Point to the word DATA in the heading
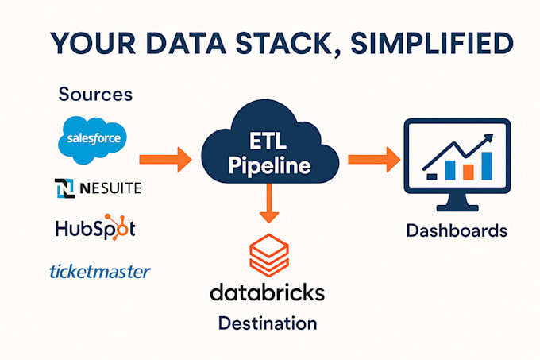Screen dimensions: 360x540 (173, 44)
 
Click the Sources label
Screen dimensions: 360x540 (95, 95)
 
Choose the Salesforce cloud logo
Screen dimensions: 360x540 (92, 138)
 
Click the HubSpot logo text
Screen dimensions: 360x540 (95, 229)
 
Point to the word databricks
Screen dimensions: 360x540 (268, 292)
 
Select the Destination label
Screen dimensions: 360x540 (268, 323)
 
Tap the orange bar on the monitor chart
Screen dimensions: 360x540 (469, 171)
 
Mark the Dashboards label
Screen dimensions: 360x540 (456, 231)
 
